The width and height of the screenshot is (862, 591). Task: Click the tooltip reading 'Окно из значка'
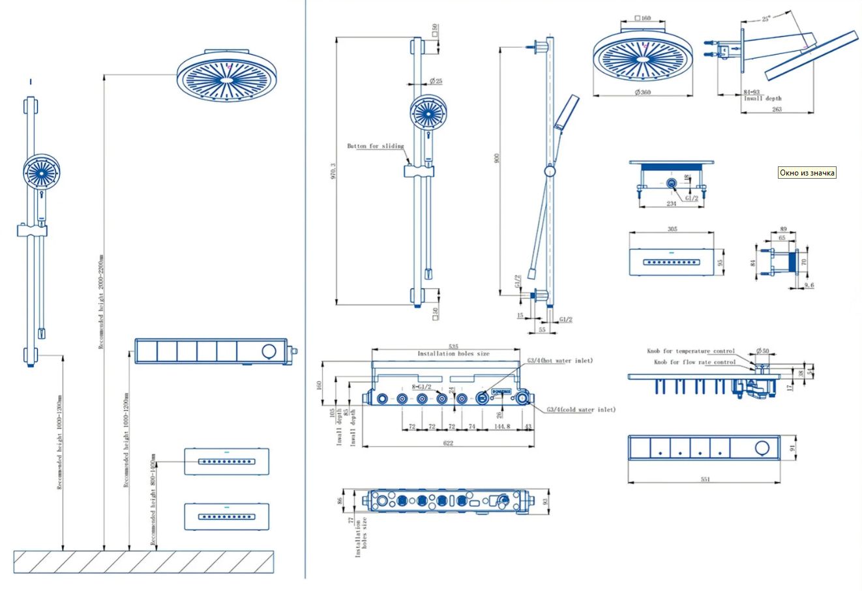807,173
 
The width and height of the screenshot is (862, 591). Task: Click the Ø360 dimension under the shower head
643,93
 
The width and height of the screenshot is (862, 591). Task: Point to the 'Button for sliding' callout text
375,146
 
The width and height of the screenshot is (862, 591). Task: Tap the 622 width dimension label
448,443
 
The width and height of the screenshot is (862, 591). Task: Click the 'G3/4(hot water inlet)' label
560,361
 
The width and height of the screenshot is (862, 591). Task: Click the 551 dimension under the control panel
705,479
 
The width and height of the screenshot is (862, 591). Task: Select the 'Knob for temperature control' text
691,351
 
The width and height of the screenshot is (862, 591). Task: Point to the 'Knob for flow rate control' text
694,362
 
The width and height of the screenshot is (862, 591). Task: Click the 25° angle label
766,19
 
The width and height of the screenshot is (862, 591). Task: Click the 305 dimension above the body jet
673,229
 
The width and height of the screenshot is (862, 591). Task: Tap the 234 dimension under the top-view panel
672,204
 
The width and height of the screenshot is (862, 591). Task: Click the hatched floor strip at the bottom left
143,562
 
